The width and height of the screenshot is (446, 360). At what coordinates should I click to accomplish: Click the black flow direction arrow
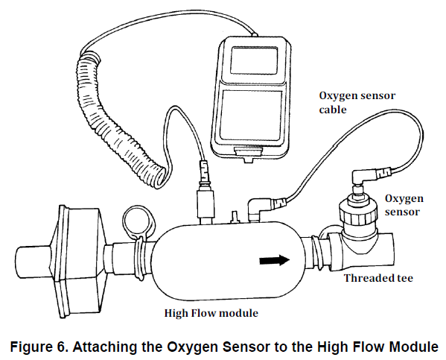click(x=275, y=259)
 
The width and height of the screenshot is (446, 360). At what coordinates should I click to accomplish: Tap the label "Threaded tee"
click(x=378, y=278)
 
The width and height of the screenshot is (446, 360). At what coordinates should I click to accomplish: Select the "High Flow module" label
click(x=211, y=313)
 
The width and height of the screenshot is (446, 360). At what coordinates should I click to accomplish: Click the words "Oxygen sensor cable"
click(x=357, y=103)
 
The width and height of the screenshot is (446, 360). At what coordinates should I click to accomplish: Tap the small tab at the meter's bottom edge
click(x=248, y=154)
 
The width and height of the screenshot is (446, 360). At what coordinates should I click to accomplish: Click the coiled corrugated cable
click(x=114, y=119)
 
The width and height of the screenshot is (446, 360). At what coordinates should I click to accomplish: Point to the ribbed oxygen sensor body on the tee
click(x=357, y=212)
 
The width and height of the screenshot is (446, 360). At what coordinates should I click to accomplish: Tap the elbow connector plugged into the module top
click(x=257, y=209)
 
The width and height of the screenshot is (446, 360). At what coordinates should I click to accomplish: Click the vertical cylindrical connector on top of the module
click(x=206, y=203)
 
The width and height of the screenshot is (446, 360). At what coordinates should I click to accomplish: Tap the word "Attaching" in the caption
click(x=101, y=347)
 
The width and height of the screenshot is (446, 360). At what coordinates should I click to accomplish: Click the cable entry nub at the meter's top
click(x=255, y=34)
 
